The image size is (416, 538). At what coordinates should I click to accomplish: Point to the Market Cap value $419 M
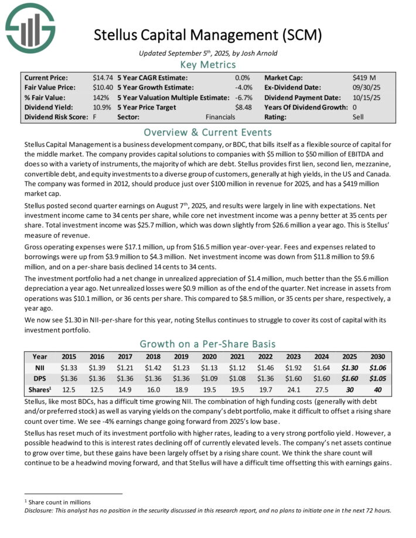tap(363, 77)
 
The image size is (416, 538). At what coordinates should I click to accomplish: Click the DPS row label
tap(40, 379)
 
